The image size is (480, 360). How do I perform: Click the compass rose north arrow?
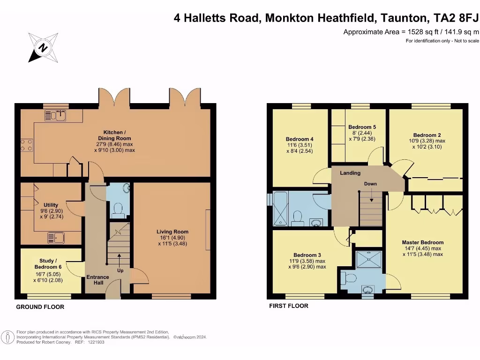click(43, 47)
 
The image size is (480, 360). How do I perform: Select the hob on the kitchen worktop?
click(26, 145)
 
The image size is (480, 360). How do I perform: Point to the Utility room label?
click(51, 205)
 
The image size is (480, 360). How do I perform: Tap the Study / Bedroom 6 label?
click(48, 264)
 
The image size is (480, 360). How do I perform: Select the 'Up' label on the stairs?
click(120, 270)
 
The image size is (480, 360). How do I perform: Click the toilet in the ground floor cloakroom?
click(119, 209)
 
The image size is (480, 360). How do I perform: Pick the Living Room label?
click(173, 232)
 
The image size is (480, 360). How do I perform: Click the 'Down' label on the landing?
click(370, 184)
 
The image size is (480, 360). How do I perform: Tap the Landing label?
click(350, 173)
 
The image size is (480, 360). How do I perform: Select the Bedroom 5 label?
click(362, 127)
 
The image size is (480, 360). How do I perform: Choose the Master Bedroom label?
click(422, 242)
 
